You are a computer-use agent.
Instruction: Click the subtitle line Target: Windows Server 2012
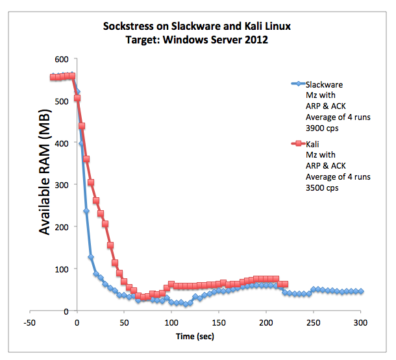click(197, 39)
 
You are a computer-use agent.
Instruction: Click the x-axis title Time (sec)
click(195, 336)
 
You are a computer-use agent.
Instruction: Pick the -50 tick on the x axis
click(29, 322)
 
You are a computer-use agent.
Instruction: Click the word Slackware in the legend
click(324, 84)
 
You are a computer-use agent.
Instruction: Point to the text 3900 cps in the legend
click(323, 128)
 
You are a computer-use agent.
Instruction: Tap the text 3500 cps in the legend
click(323, 189)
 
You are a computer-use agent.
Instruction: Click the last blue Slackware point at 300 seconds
click(360, 292)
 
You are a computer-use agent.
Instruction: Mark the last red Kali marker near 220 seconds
click(285, 284)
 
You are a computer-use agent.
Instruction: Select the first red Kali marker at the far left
click(53, 77)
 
